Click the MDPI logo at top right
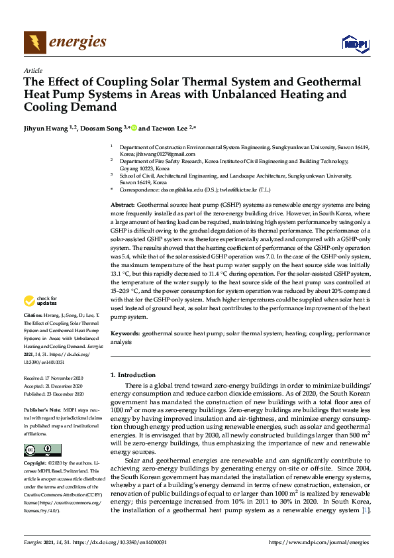355,44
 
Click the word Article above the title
32,70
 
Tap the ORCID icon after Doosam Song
133,128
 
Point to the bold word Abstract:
123,207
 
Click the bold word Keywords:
124,334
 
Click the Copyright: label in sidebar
37,463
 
